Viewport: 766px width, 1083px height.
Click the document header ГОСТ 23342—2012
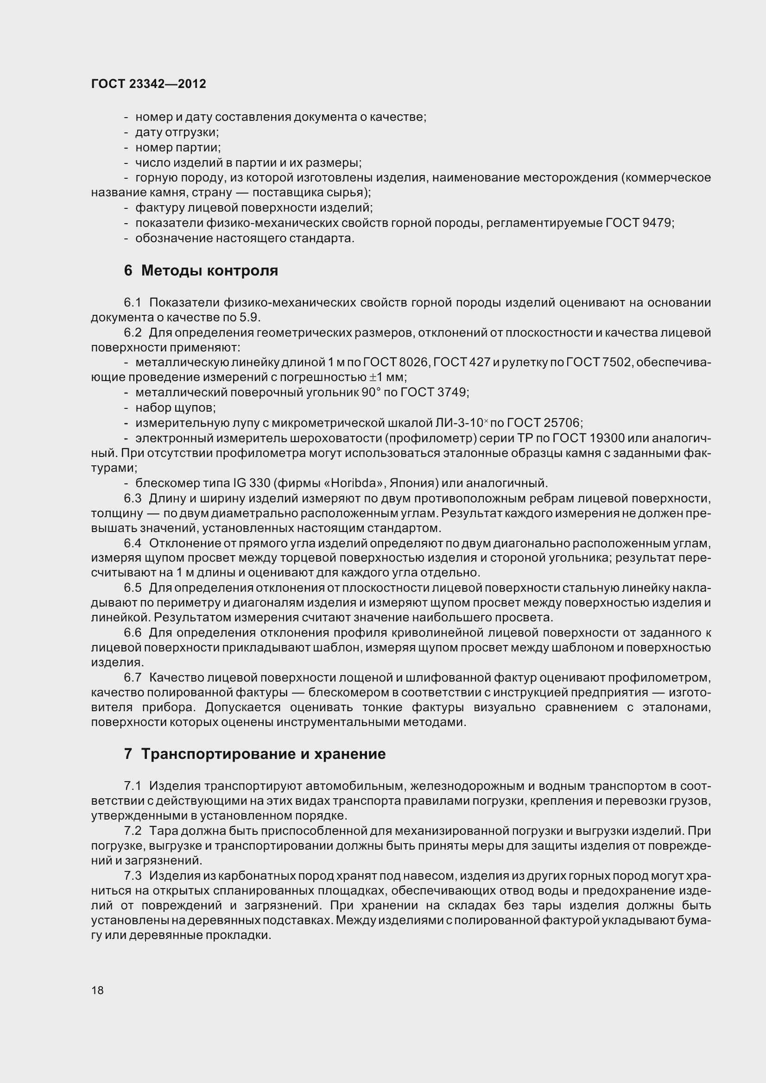(148, 84)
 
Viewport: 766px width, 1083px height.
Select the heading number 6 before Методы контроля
(128, 271)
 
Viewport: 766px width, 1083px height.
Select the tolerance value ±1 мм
(386, 377)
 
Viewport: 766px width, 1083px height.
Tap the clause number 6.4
(133, 544)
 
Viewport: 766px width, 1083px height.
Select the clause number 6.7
(133, 678)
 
